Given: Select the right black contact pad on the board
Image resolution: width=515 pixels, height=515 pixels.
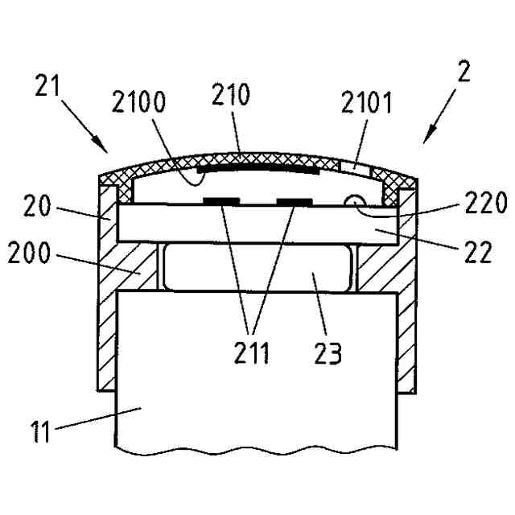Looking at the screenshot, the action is click(295, 199).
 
